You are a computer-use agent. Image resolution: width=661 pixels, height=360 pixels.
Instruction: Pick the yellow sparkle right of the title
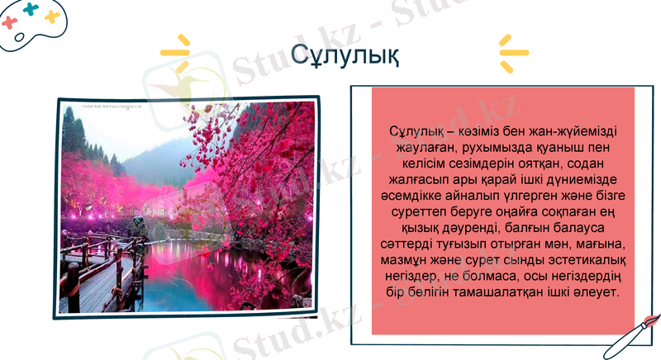(x=512, y=51)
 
